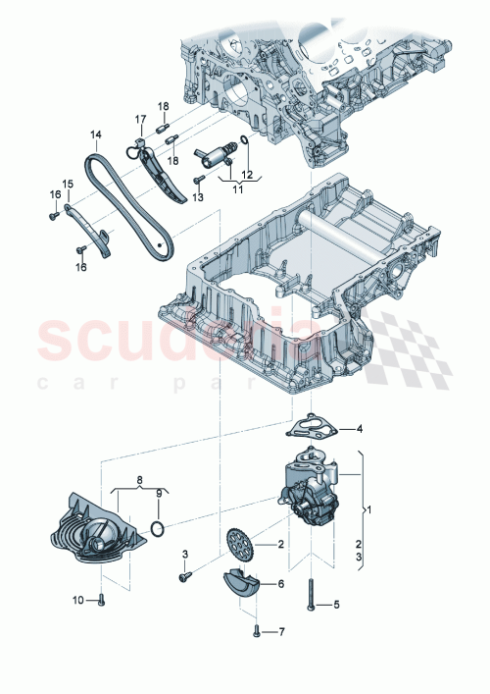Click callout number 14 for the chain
tap(95, 134)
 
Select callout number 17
tap(139, 121)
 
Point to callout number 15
tap(68, 184)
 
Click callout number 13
tap(198, 197)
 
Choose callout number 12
tap(246, 175)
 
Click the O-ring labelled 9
tap(157, 531)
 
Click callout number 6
tap(280, 583)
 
